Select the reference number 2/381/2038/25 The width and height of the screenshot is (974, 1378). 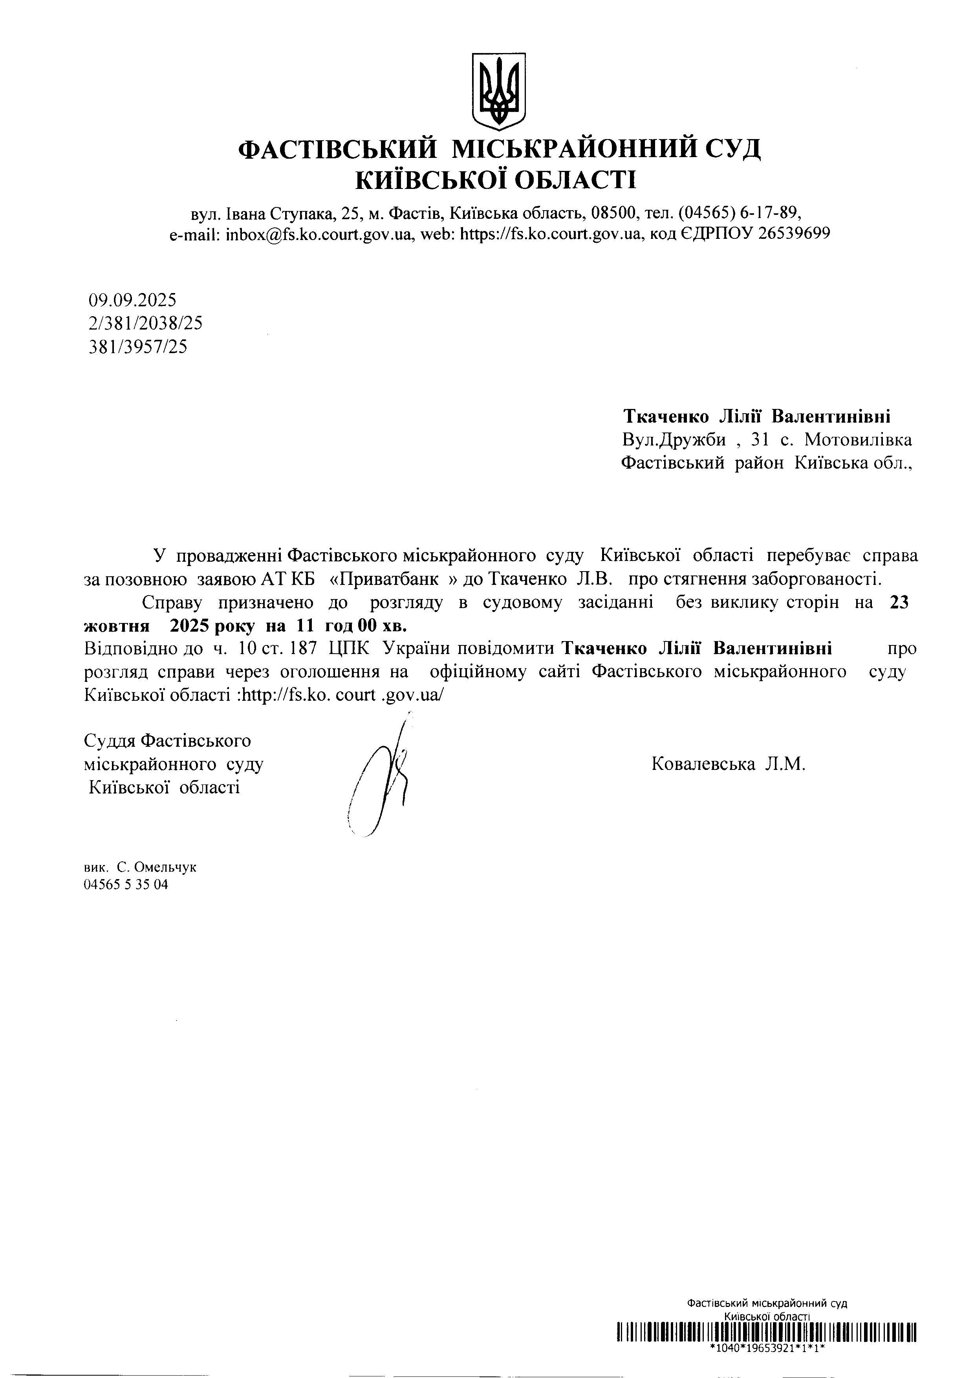[x=145, y=324]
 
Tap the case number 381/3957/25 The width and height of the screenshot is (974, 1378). [x=137, y=347]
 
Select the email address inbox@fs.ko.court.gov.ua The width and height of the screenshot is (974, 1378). [x=318, y=234]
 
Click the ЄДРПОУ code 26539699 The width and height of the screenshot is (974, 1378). [x=794, y=234]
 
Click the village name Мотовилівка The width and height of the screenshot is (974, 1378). [x=858, y=440]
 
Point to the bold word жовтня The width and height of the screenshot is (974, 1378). [x=116, y=626]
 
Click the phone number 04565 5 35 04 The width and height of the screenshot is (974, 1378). [x=126, y=884]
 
